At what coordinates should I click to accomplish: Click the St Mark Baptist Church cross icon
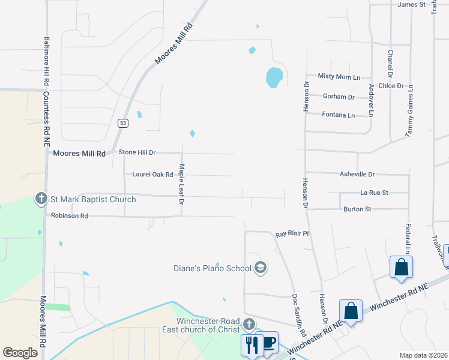[41, 199]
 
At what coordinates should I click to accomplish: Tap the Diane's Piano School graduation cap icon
[261, 268]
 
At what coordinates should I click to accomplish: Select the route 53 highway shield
[122, 122]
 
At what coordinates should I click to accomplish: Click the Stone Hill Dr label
[137, 153]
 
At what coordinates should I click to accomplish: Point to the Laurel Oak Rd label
[152, 175]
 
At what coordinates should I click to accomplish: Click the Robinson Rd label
[70, 215]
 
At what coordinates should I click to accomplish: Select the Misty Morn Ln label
[339, 76]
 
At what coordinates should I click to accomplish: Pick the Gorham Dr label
[339, 97]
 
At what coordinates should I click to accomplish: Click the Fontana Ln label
[339, 115]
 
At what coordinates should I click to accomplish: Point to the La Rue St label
[374, 193]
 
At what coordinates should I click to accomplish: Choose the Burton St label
[357, 209]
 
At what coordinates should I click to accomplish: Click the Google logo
[20, 353]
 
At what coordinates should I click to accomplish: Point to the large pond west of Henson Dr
[274, 77]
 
